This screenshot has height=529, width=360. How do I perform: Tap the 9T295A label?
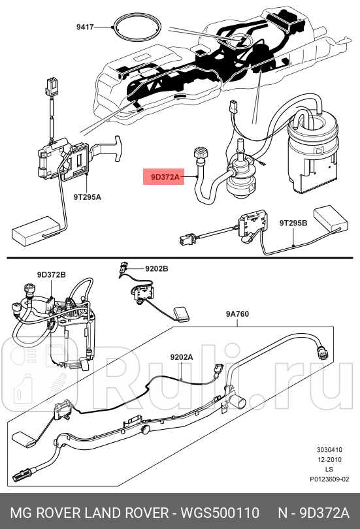pyautogui.click(x=86, y=195)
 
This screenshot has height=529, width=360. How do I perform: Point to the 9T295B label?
pyautogui.click(x=293, y=223)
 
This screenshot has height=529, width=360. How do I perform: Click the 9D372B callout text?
pyautogui.click(x=50, y=275)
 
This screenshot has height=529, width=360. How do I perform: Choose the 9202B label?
pyautogui.click(x=156, y=268)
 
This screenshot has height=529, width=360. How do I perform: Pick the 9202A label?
pyautogui.click(x=182, y=357)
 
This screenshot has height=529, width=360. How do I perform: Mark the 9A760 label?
pyautogui.click(x=238, y=314)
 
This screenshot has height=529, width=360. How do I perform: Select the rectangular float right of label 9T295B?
pyautogui.click(x=331, y=218)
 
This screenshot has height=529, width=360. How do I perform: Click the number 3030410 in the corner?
pyautogui.click(x=329, y=450)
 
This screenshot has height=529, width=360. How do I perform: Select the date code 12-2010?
pyautogui.click(x=329, y=460)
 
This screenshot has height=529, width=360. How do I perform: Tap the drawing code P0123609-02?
pyautogui.click(x=329, y=478)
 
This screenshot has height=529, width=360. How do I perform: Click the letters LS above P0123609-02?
pyautogui.click(x=329, y=469)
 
